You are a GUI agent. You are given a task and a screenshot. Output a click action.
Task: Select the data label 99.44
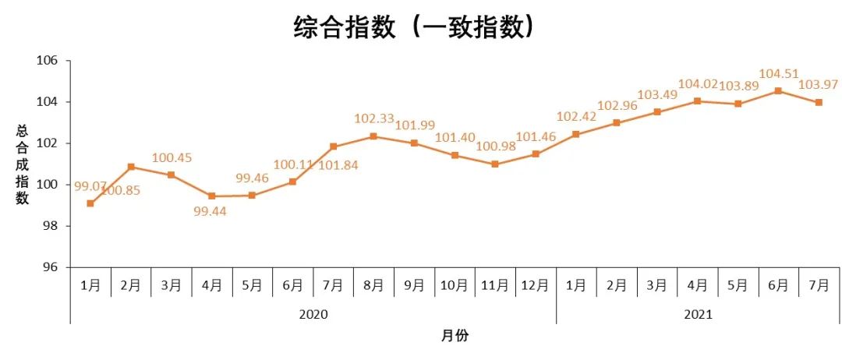[x=211, y=212]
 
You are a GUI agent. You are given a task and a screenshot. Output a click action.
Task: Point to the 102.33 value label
[x=373, y=119]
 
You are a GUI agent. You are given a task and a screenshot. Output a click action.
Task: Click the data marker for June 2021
[x=778, y=91]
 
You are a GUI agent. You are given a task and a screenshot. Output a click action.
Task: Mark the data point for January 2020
[x=90, y=203]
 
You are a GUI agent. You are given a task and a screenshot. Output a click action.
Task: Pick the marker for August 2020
[x=373, y=136]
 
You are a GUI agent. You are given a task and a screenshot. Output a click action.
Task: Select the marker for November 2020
[x=495, y=164]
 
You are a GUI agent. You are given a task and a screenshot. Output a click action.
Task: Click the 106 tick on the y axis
[x=50, y=61]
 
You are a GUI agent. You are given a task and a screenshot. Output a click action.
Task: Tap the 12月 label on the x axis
[x=536, y=285]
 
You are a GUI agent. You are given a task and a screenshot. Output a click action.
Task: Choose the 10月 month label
[x=455, y=285]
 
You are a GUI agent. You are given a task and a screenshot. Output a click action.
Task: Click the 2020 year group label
[x=313, y=315]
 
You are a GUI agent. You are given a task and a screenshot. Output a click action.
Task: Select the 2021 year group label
[x=698, y=315]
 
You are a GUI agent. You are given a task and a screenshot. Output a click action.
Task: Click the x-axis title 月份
[x=455, y=336]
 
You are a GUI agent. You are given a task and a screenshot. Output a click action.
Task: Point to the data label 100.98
[x=495, y=147]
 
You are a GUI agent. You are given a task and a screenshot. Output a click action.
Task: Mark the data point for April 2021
[x=697, y=101]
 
